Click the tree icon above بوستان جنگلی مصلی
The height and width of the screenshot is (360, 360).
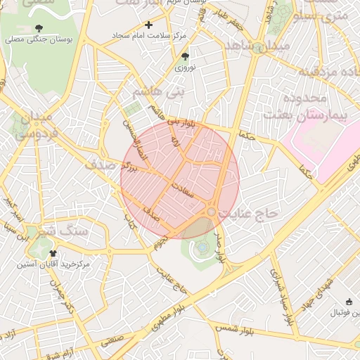click(38, 29)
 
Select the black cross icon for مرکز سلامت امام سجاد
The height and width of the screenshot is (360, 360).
click(148, 25)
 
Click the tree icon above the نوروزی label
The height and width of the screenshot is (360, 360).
click(185, 56)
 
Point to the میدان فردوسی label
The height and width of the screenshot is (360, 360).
click(32, 124)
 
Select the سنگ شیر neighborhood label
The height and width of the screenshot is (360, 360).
click(63, 230)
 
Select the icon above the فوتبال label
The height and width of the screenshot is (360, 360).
click(349, 302)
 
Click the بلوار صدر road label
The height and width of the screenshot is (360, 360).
click(220, 245)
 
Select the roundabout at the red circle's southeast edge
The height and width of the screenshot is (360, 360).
click(211, 212)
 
